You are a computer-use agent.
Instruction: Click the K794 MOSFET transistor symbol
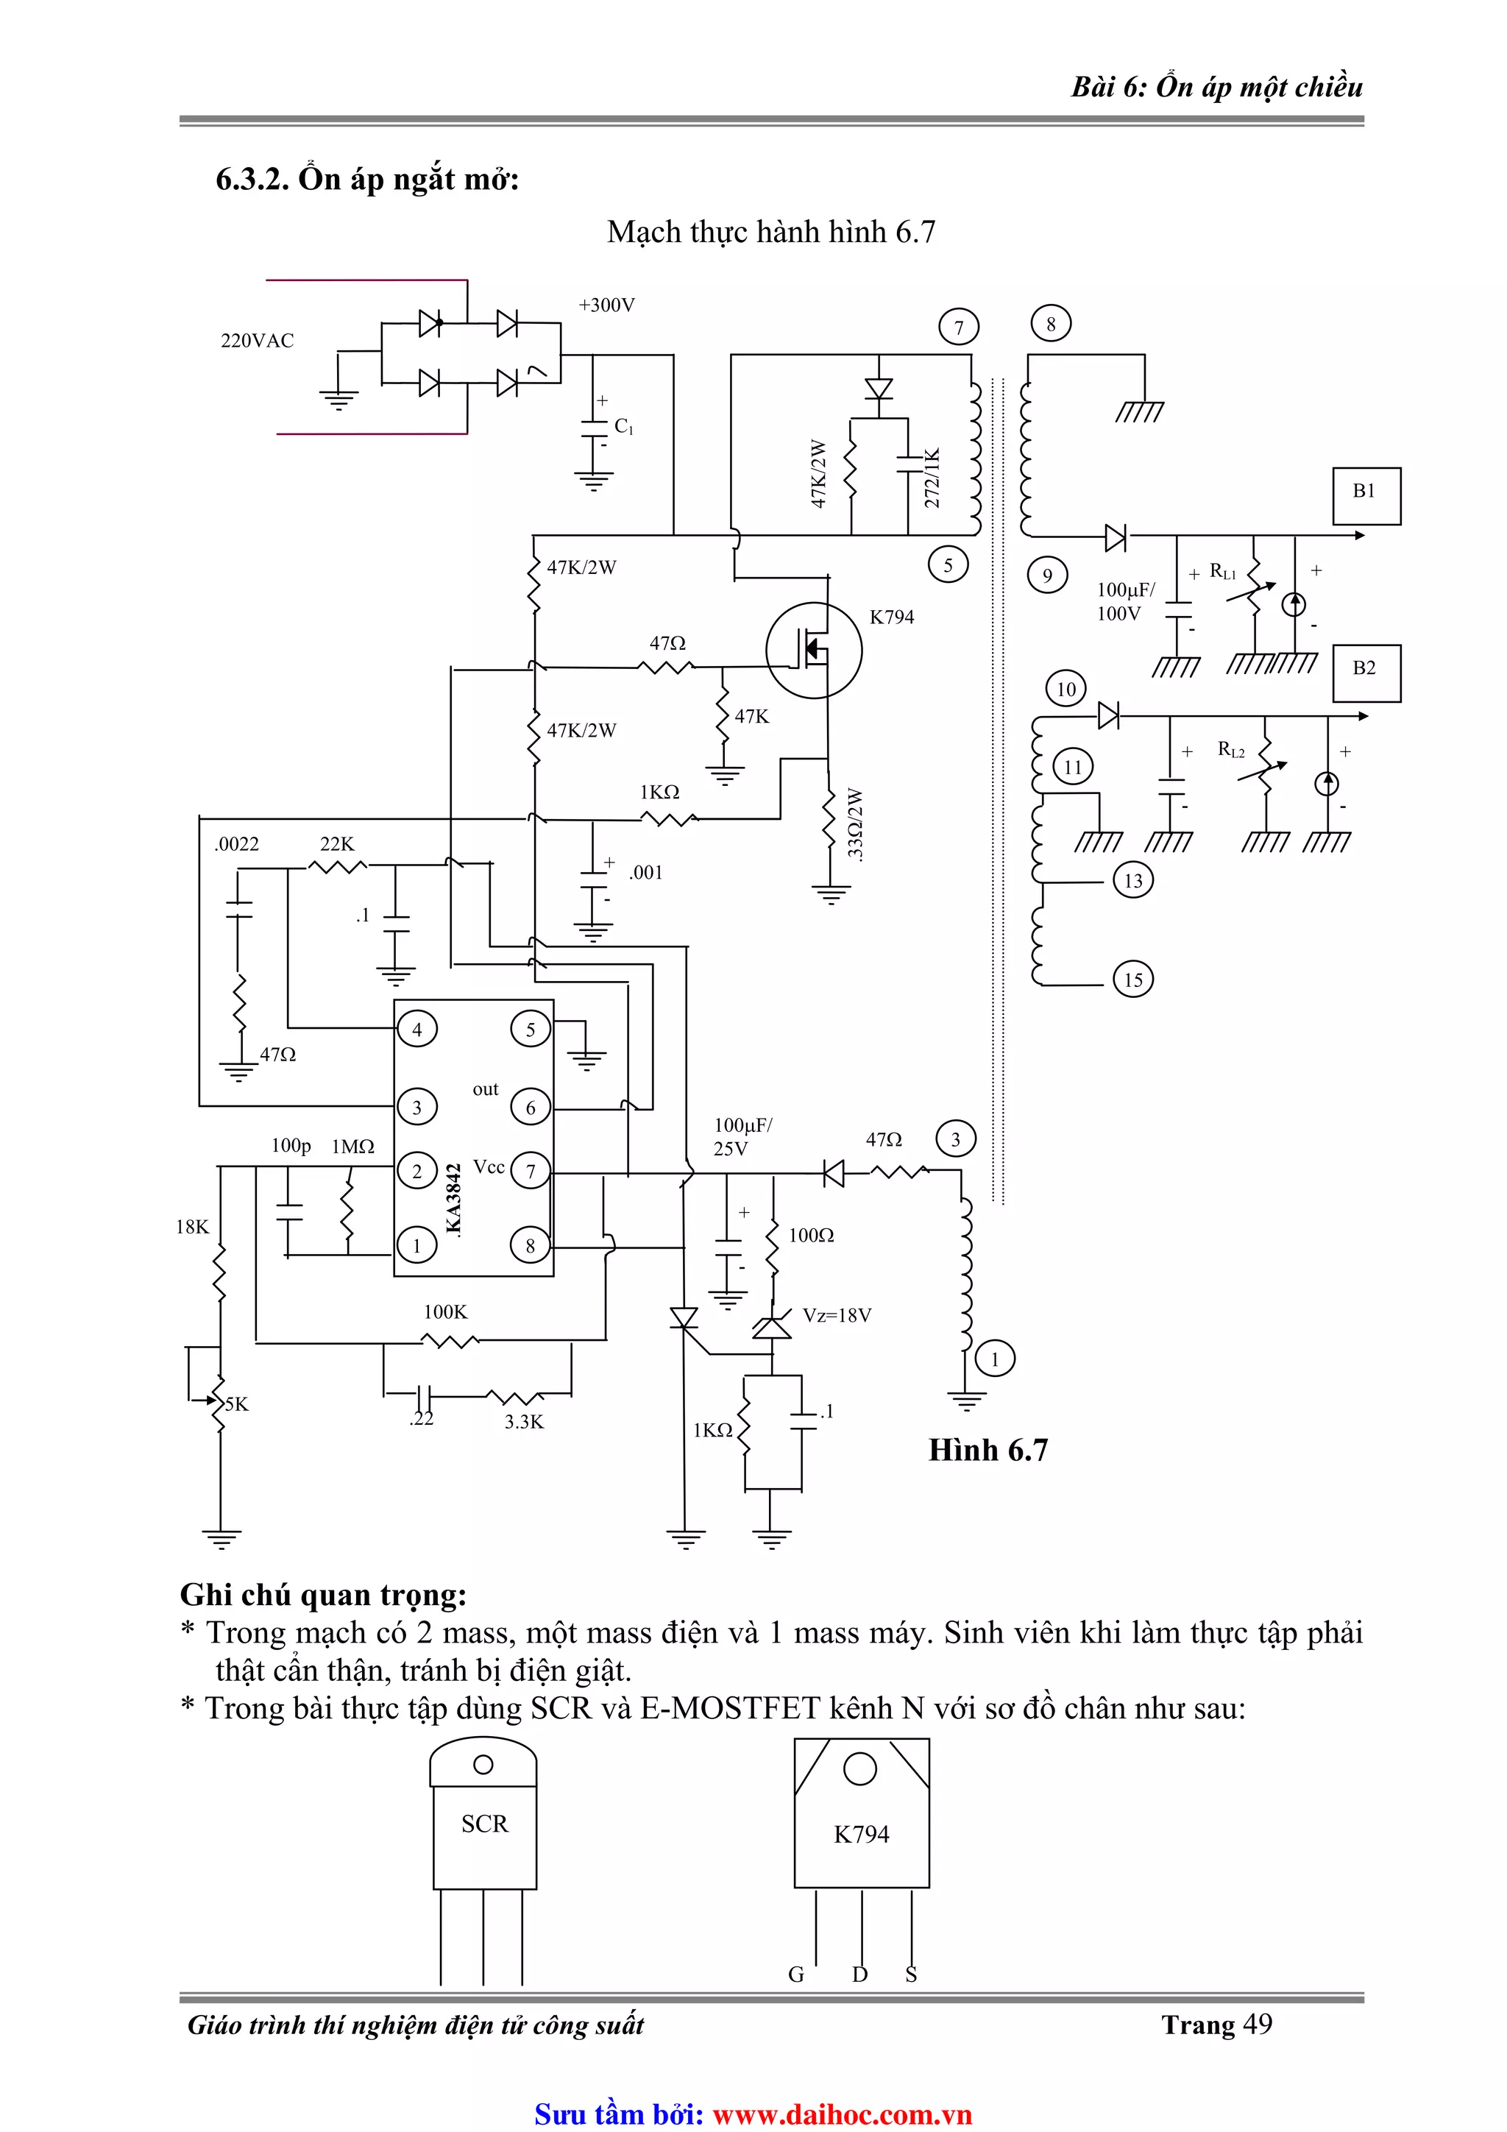(x=813, y=651)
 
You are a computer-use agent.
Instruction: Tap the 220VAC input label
(x=258, y=341)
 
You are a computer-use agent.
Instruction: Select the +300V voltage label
(x=606, y=305)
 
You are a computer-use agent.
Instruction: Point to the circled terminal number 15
(x=1132, y=980)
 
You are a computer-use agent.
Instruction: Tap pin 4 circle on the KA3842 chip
(x=417, y=1029)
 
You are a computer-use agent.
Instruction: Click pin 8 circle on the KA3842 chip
(x=531, y=1246)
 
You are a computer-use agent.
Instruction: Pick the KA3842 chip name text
(x=453, y=1199)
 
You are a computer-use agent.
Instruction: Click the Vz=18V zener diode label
(x=837, y=1315)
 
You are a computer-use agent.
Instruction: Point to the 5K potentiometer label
(x=237, y=1404)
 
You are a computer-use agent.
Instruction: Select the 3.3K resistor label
(x=524, y=1422)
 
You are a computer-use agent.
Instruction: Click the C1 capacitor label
(x=624, y=426)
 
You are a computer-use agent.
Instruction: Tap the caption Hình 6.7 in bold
(x=988, y=1451)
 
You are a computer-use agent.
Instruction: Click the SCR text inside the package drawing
(x=485, y=1824)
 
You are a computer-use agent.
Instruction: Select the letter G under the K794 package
(x=795, y=1975)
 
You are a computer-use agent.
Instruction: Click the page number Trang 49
(x=1216, y=2025)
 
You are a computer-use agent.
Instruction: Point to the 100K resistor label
(x=446, y=1312)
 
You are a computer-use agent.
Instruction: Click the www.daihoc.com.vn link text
(x=841, y=2114)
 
